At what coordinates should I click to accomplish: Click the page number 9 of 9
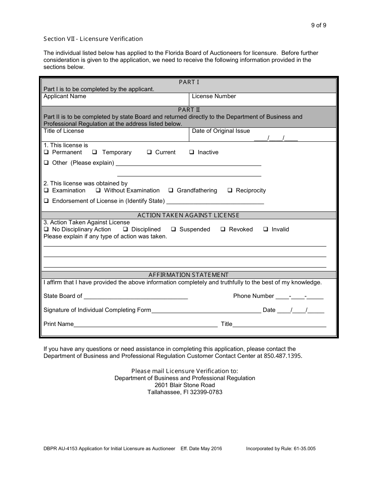(x=318, y=25)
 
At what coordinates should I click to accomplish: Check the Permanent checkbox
(x=46, y=152)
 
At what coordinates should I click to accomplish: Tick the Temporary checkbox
(x=95, y=152)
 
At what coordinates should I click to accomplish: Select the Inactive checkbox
(x=192, y=152)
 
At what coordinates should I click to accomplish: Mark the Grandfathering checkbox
(x=171, y=190)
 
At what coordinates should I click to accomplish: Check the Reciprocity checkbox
(x=230, y=190)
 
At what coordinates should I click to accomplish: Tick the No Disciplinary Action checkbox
(x=46, y=229)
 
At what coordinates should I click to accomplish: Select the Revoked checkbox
(x=223, y=229)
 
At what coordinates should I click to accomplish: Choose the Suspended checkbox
(x=173, y=229)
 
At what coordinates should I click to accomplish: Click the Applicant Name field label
(x=65, y=96)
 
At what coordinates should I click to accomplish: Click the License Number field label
(x=214, y=96)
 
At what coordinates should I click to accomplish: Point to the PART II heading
(x=189, y=110)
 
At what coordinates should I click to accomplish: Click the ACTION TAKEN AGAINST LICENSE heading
(x=189, y=215)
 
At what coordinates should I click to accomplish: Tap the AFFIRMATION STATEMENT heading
(x=189, y=275)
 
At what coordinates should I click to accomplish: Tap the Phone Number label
(x=254, y=296)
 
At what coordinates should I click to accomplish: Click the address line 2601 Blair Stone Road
(x=185, y=385)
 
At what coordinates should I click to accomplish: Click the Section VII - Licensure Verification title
(x=93, y=39)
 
